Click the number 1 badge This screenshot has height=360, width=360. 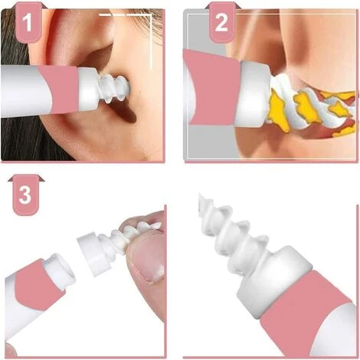click(28, 21)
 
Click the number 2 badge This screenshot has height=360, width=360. click(221, 21)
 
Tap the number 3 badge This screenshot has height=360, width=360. click(25, 195)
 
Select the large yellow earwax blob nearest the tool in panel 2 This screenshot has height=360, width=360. click(275, 110)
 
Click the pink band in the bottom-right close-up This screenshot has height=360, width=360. click(306, 314)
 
